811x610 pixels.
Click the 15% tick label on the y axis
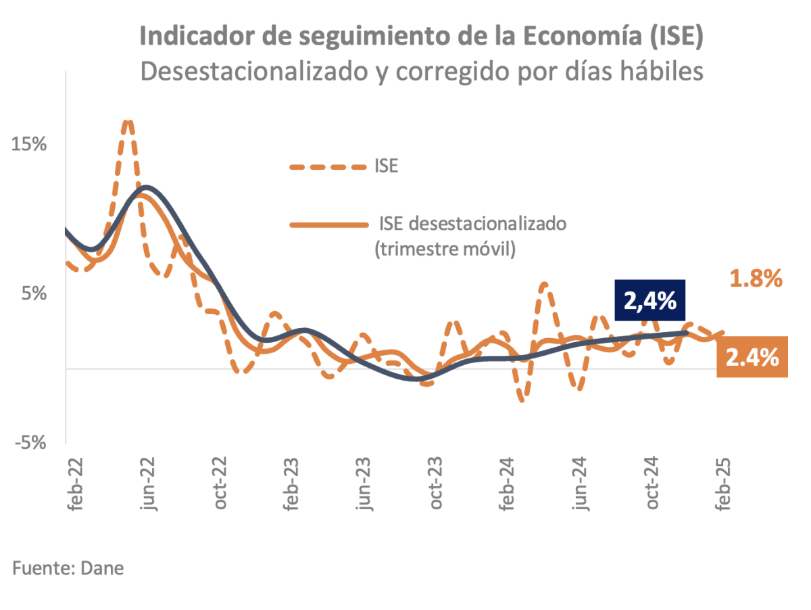[29, 145]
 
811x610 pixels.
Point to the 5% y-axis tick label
[34, 294]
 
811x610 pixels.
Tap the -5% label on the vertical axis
[29, 442]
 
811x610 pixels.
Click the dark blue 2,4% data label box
[650, 300]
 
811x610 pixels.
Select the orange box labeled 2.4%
[752, 356]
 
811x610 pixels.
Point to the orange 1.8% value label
[756, 278]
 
